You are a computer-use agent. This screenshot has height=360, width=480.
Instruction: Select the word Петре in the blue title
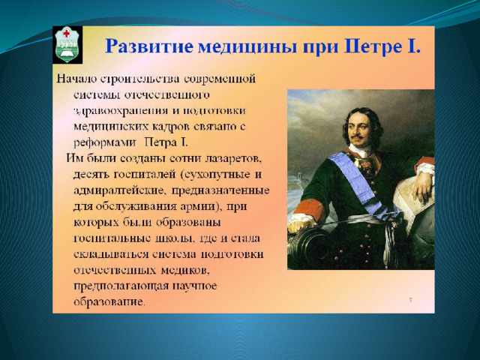[371, 46]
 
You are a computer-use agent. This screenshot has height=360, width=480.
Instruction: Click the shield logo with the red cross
[67, 45]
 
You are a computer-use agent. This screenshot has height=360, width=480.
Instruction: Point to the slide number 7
[410, 299]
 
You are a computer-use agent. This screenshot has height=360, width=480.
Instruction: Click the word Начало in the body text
[76, 79]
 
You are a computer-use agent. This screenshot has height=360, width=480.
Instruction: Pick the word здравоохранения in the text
[121, 111]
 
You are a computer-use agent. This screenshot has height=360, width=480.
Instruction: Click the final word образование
[109, 302]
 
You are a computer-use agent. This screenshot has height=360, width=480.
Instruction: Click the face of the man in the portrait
[361, 127]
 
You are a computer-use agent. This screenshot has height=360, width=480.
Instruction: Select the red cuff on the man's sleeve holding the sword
[309, 210]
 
